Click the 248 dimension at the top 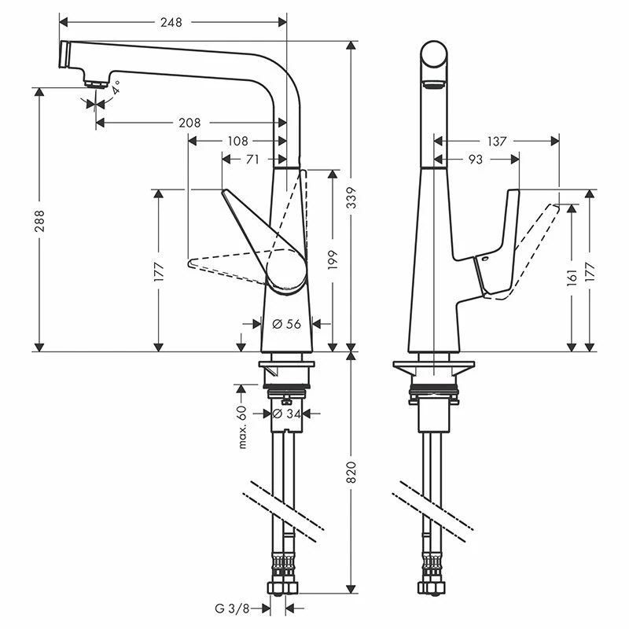coord(171,23)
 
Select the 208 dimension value coord(189,123)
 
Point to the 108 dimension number coord(237,142)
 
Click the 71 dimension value coord(252,160)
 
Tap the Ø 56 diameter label coord(286,324)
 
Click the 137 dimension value coord(497,142)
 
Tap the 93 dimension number coord(476,160)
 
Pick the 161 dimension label coord(572,275)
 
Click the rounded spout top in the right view coord(434,58)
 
